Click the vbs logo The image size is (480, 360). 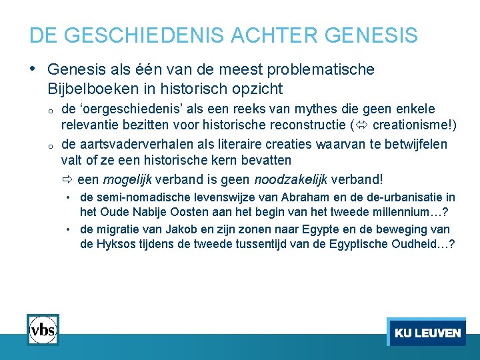tap(43, 329)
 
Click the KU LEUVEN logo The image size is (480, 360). tap(427, 332)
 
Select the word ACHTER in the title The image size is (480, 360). tap(256, 35)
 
